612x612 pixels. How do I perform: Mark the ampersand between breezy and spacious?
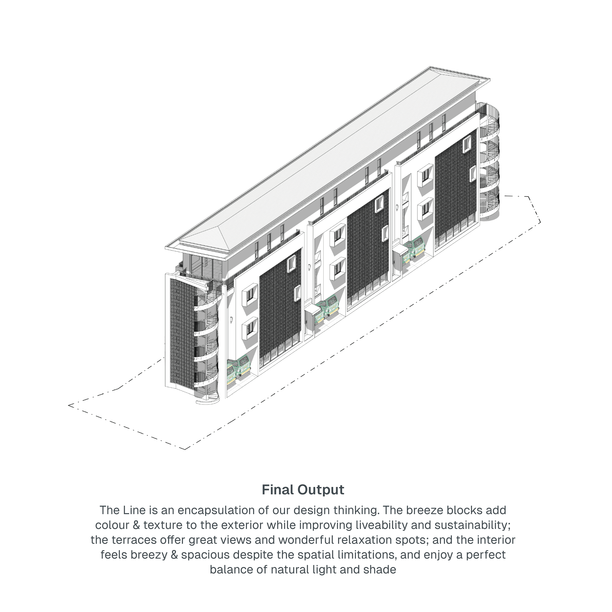point(174,555)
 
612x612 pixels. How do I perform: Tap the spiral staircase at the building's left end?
point(207,342)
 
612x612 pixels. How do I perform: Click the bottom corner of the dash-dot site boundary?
point(185,449)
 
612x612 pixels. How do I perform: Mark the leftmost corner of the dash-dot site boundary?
point(68,405)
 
